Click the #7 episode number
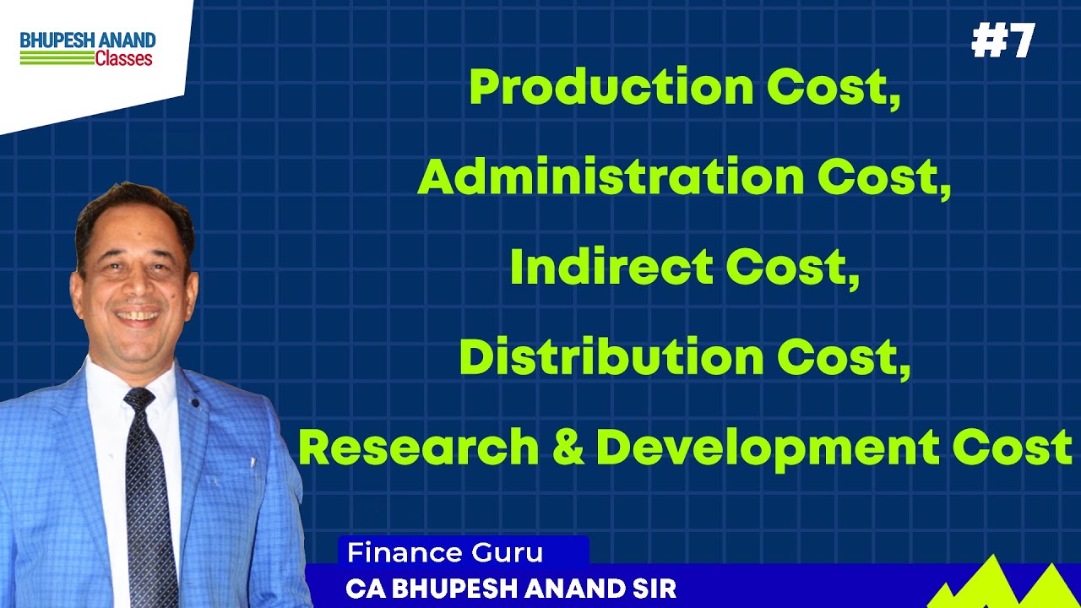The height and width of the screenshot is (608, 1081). coord(1002,41)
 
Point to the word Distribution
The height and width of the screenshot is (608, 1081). coord(612,358)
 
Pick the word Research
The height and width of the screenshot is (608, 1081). coord(418,448)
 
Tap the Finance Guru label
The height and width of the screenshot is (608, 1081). coord(445,553)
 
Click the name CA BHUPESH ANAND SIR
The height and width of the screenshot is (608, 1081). coord(511,589)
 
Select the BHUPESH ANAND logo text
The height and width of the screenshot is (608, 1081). coord(88,40)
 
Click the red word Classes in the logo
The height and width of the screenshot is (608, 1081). coord(123,59)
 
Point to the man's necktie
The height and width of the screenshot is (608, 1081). coord(150,490)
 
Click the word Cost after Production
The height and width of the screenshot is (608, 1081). coord(834,88)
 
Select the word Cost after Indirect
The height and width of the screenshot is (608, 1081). coord(792,268)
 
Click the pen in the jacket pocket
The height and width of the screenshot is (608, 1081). coord(252,463)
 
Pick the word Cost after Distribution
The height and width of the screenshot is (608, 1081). coord(844,358)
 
